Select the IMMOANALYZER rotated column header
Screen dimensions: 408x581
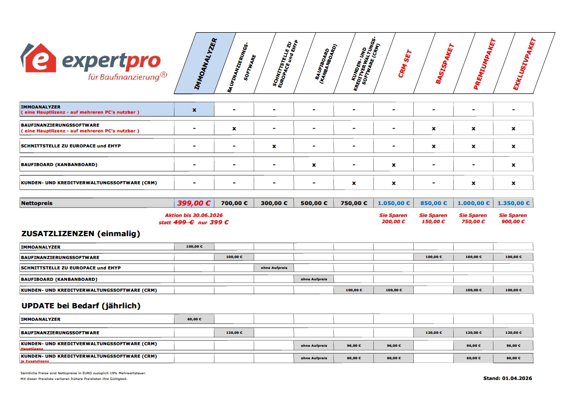pos(205,64)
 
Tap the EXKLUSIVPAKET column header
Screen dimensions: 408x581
pos(524,64)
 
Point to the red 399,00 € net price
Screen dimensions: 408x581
pos(194,203)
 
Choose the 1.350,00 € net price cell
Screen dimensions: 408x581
pos(513,203)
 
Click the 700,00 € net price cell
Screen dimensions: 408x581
pos(234,203)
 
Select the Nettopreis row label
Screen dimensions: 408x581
pos(36,203)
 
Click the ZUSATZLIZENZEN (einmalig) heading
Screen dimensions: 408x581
pos(80,234)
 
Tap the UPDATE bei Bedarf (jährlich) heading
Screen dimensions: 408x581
pos(81,306)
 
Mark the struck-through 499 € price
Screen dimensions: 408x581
pos(183,222)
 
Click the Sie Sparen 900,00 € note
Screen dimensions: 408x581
pos(513,219)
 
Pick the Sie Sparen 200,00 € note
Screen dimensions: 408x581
pos(394,219)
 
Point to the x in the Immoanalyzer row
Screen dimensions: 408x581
pos(194,110)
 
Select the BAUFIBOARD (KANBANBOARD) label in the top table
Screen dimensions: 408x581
pos(59,165)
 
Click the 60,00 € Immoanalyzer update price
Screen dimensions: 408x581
pos(194,319)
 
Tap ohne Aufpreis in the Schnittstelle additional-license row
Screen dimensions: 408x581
pos(274,268)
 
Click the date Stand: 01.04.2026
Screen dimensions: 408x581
pos(507,378)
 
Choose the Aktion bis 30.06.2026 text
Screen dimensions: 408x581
pos(194,215)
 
